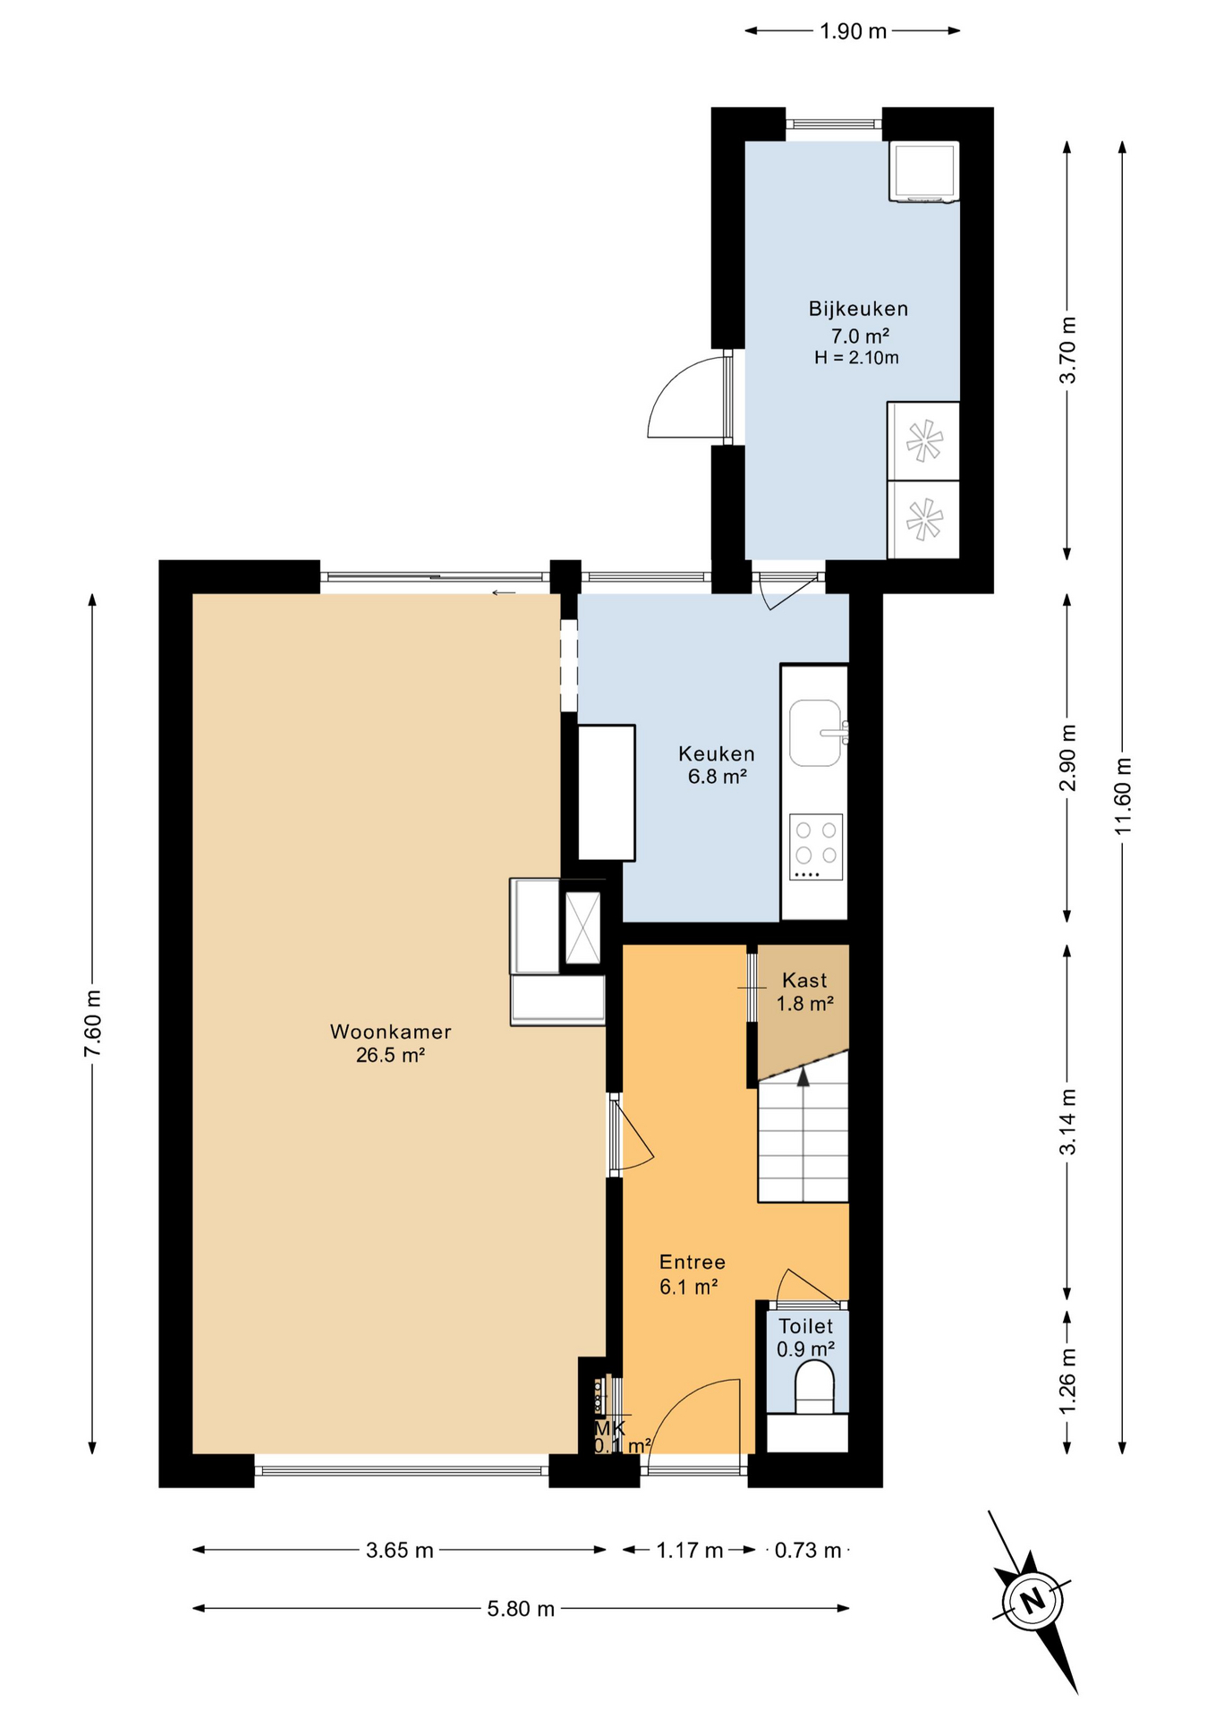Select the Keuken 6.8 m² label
pyautogui.click(x=717, y=765)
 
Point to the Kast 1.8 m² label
pyautogui.click(x=804, y=991)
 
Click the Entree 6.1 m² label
pyautogui.click(x=692, y=1274)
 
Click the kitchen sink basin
pyautogui.click(x=814, y=733)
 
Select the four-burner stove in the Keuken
pyautogui.click(x=816, y=846)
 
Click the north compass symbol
pyautogui.click(x=1033, y=1601)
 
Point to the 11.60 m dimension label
pyautogui.click(x=1123, y=796)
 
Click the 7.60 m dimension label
pyautogui.click(x=92, y=1023)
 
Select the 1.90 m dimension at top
pyautogui.click(x=853, y=31)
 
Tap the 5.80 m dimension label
pyautogui.click(x=521, y=1609)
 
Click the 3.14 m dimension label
pyautogui.click(x=1067, y=1121)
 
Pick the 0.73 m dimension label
pyautogui.click(x=808, y=1550)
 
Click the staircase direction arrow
pyautogui.click(x=803, y=1078)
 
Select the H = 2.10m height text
pyautogui.click(x=856, y=358)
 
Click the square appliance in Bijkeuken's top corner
pyautogui.click(x=923, y=171)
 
